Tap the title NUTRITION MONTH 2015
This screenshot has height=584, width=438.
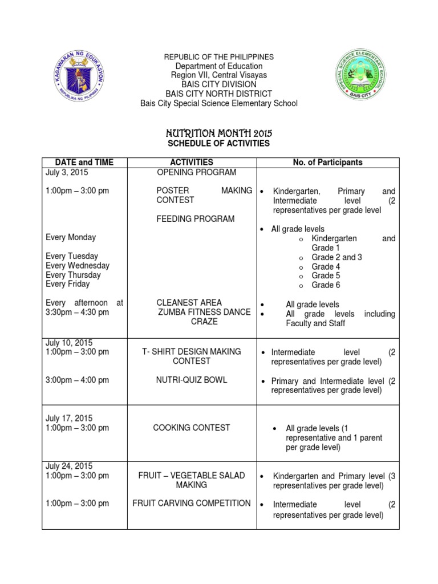(219, 133)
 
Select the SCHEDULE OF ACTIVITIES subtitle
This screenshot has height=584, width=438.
(219, 143)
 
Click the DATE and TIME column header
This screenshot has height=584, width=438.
(84, 163)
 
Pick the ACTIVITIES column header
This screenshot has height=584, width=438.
(192, 163)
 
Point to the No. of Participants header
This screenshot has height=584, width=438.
(327, 163)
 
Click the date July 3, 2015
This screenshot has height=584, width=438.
(67, 172)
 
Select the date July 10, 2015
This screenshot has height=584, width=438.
(70, 343)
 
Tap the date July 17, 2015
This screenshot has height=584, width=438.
(70, 419)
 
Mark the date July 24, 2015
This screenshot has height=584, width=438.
(70, 466)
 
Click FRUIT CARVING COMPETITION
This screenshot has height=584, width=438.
(192, 503)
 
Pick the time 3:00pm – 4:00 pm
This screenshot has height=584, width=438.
(77, 380)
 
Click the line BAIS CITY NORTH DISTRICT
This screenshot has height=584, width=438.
(218, 94)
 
